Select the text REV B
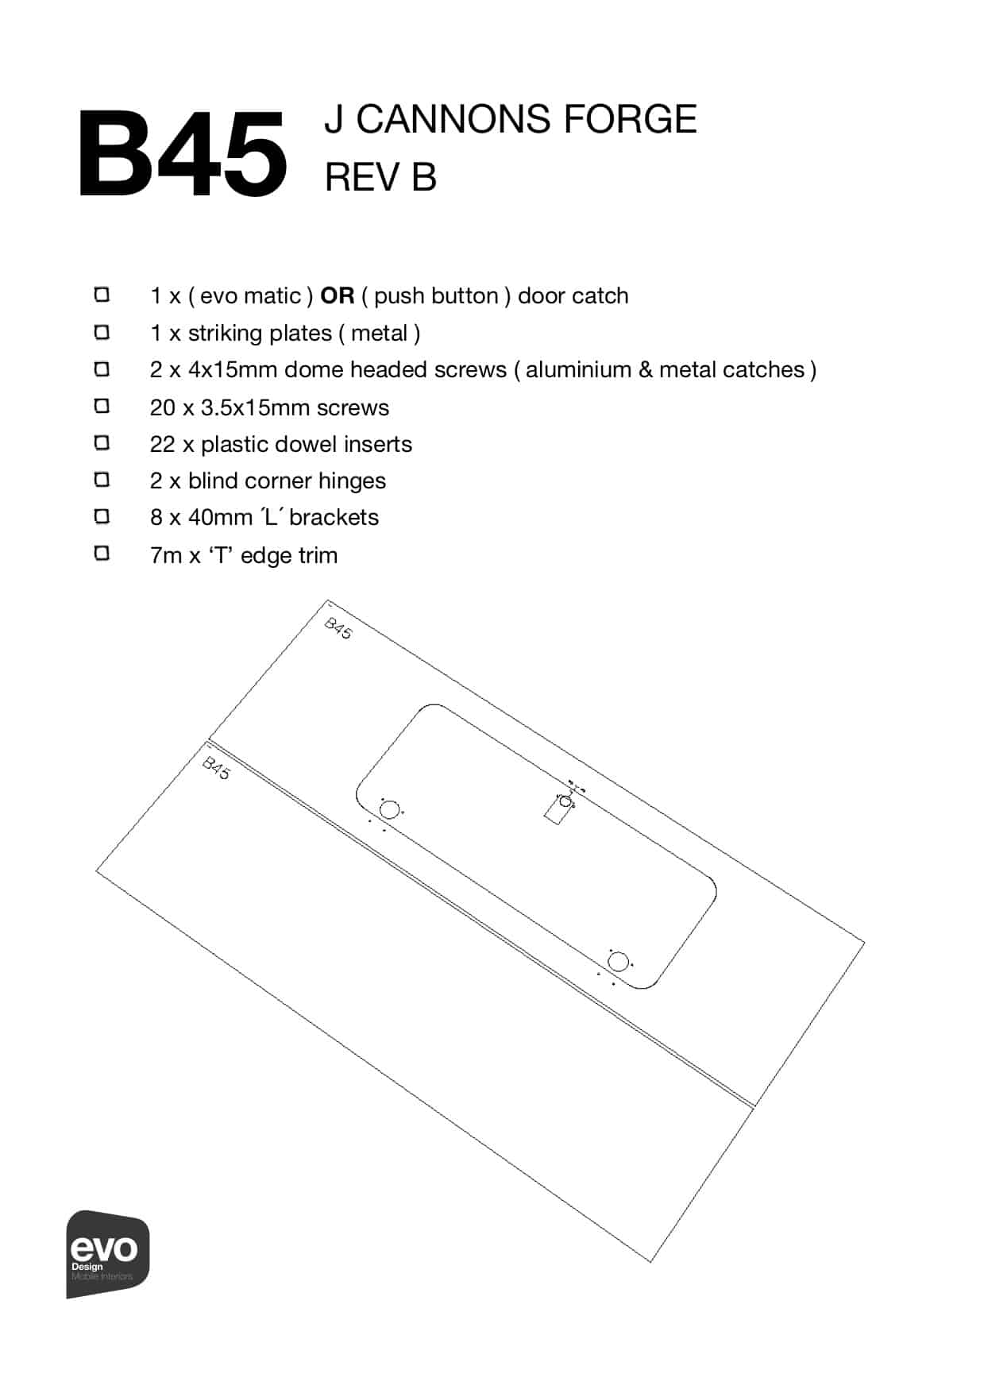(380, 176)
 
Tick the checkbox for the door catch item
(102, 295)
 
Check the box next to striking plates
(102, 331)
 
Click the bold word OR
(337, 295)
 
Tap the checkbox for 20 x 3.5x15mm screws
(102, 406)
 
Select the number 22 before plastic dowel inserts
(162, 444)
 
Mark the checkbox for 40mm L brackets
(102, 516)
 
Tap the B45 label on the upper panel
(338, 628)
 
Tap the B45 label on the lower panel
(216, 768)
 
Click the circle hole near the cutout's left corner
(389, 810)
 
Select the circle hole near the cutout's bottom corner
(618, 962)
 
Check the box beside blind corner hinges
(102, 480)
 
